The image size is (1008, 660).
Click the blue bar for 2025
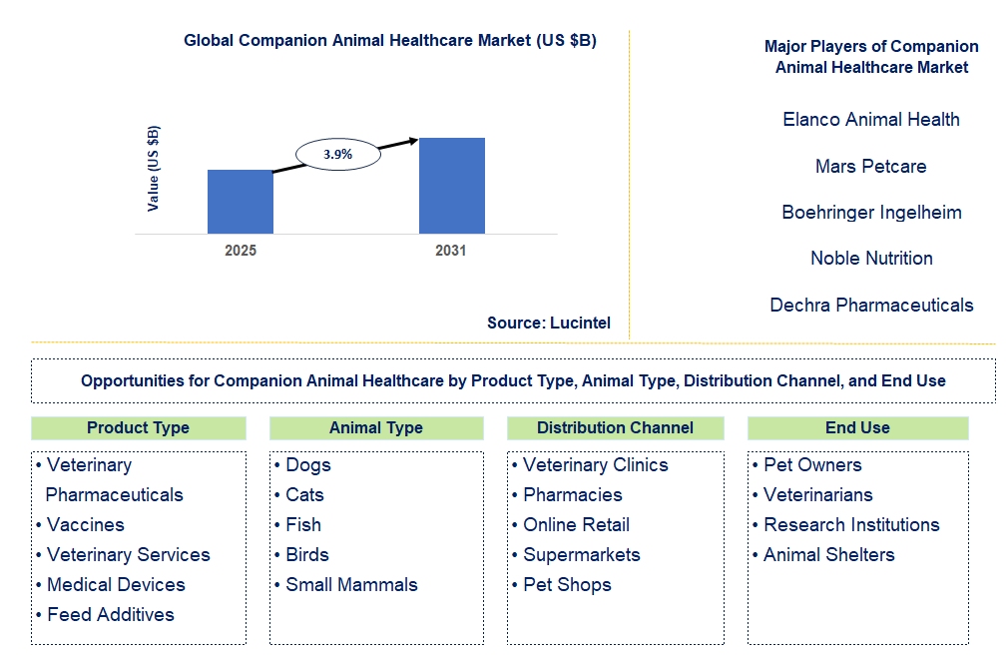240,202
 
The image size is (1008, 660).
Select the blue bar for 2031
451,186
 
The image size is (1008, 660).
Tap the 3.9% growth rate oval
337,155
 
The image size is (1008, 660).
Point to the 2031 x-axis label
450,251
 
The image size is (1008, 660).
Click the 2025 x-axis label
240,251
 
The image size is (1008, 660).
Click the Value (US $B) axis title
153,168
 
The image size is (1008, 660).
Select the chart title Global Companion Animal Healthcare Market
389,41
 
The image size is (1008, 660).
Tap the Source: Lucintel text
548,323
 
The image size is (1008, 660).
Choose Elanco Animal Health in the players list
870,120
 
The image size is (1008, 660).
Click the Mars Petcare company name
870,166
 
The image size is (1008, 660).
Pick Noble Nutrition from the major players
870,259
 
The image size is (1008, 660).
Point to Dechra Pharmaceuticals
870,306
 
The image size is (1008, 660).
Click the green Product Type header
138,428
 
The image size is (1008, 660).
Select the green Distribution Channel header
615,428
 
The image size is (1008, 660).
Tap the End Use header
856,428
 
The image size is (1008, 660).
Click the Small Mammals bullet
350,585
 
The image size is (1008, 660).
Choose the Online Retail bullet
576,525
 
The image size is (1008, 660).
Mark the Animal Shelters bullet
828,555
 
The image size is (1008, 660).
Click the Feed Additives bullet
110,615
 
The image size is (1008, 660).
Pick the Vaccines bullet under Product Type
85,525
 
